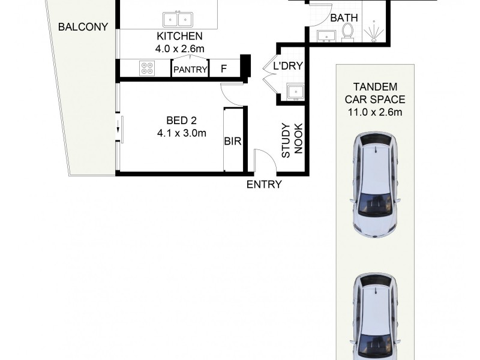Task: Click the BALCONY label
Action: click(83, 27)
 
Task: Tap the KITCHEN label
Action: click(179, 36)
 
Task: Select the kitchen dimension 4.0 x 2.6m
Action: click(179, 49)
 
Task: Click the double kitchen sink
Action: click(178, 20)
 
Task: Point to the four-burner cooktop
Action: click(147, 68)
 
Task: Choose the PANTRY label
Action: click(190, 70)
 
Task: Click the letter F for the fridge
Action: click(224, 69)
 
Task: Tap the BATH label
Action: click(344, 18)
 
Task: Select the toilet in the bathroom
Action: click(347, 32)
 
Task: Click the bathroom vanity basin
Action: click(326, 36)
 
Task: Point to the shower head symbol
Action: click(373, 32)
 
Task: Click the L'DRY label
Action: click(288, 66)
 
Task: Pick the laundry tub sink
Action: click(295, 92)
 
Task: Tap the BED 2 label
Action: click(181, 121)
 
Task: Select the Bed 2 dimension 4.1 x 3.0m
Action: click(182, 133)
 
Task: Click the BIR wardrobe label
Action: click(233, 141)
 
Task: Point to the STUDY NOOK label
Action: click(292, 140)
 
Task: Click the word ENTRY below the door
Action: click(264, 184)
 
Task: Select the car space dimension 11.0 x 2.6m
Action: click(375, 112)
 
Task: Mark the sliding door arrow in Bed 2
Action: click(118, 130)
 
